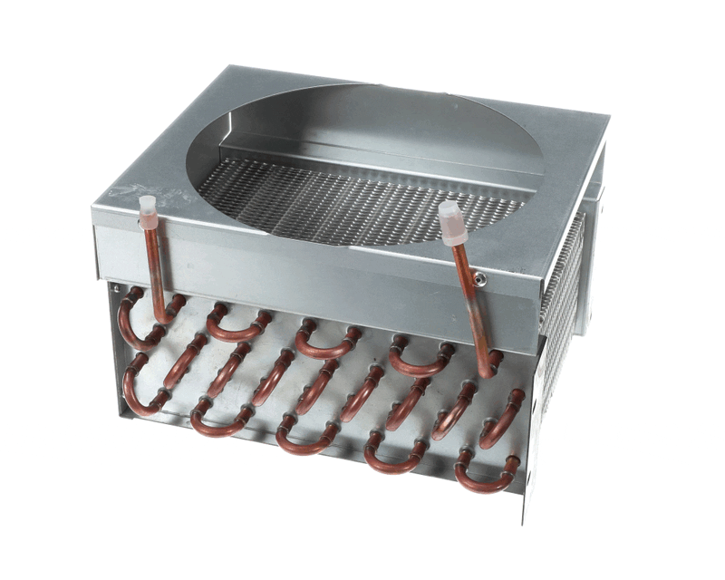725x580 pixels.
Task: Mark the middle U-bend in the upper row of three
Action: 326,343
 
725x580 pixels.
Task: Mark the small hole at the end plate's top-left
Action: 116,290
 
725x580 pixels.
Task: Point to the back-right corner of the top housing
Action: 605,118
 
